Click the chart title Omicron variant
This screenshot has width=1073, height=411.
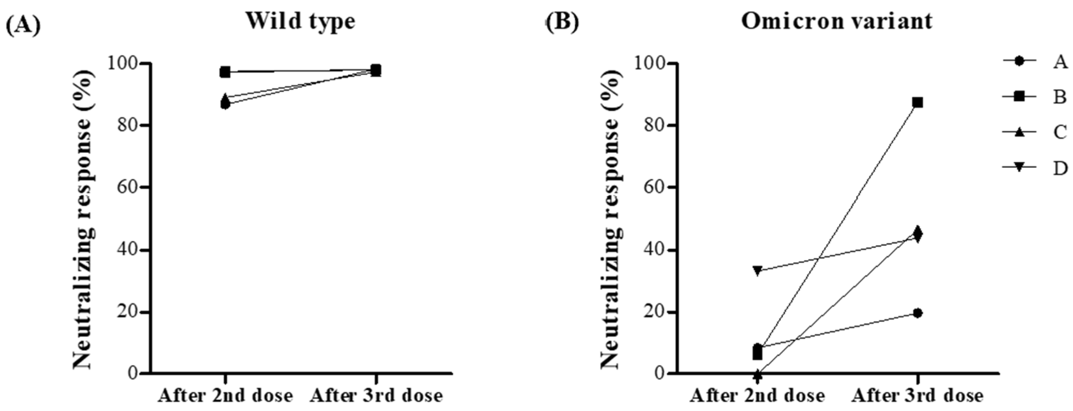pos(836,21)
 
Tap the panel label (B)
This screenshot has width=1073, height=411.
pos(562,23)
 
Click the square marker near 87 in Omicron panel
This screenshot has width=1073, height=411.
pos(917,102)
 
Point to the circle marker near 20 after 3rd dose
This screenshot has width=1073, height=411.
pos(917,313)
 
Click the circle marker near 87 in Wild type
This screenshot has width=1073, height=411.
pos(225,104)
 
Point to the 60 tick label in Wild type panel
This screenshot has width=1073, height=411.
pos(127,188)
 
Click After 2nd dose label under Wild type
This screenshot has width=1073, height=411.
pos(225,395)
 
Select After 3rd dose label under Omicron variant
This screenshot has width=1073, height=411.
pos(917,395)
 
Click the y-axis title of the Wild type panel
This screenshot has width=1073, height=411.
pos(83,218)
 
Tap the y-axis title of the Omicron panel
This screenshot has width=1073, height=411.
pos(610,218)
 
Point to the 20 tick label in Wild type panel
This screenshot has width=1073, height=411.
pos(127,313)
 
